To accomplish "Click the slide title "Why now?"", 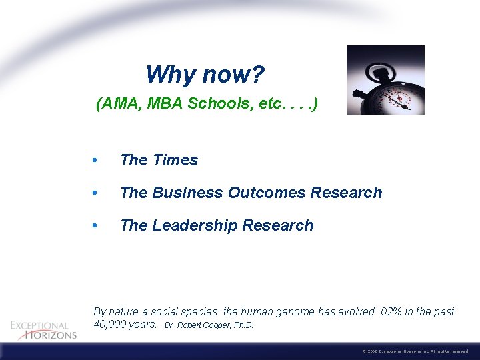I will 205,74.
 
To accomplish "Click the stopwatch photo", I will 385,80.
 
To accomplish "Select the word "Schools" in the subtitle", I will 217,105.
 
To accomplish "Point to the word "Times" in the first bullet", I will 175,160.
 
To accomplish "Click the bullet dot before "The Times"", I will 97,161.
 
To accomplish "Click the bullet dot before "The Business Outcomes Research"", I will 97,193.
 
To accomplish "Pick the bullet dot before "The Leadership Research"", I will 97,226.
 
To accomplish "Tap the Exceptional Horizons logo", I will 43,330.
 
